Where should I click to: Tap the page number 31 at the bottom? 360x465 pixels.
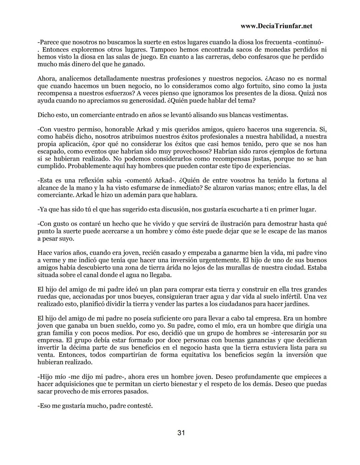[181, 433]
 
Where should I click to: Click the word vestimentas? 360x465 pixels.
[269, 115]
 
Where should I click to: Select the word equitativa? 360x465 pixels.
[194, 355]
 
